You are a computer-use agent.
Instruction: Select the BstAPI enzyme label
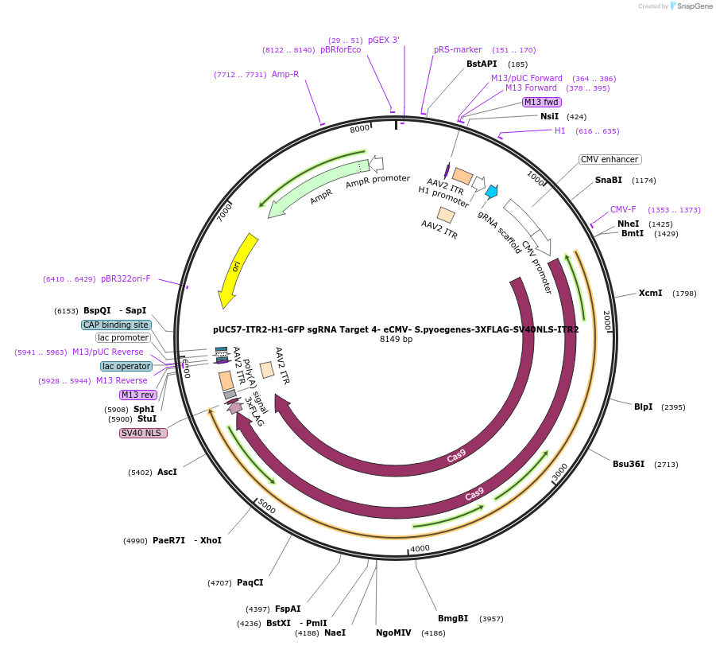(482, 64)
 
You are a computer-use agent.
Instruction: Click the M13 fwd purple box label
(542, 102)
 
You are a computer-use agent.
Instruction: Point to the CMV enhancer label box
(610, 159)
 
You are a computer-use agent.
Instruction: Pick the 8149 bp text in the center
(396, 340)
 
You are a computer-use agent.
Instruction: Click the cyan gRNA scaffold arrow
(491, 191)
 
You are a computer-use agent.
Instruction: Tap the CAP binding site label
(116, 325)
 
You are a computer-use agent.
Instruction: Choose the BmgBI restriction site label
(453, 618)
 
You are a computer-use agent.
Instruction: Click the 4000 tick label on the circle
(420, 548)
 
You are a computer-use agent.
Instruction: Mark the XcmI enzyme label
(650, 293)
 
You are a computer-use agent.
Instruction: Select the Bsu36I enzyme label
(628, 464)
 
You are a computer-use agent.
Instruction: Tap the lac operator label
(126, 366)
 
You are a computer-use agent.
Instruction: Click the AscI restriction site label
(167, 472)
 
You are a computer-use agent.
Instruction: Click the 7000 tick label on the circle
(225, 211)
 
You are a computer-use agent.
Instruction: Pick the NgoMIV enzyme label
(393, 632)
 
